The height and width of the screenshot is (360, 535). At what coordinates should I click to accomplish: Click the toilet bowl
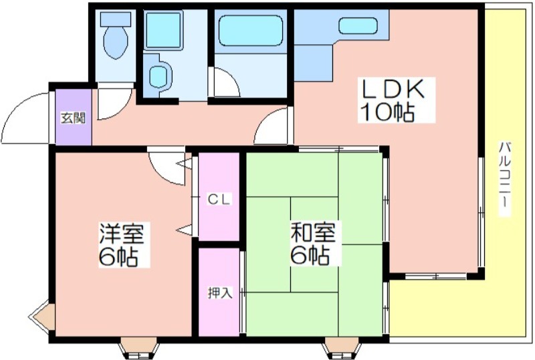[x=116, y=41]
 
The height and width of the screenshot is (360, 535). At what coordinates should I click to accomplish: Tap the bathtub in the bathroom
[x=251, y=30]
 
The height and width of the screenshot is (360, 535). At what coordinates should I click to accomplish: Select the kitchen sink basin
[x=358, y=25]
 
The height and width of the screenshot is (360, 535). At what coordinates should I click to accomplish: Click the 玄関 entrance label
[x=73, y=118]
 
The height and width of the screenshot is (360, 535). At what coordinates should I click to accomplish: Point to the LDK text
[x=393, y=89]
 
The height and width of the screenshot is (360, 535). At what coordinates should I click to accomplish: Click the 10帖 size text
[x=388, y=112]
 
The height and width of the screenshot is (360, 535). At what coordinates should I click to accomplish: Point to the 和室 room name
[x=313, y=232]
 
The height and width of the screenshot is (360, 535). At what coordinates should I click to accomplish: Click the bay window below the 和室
[x=342, y=348]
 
